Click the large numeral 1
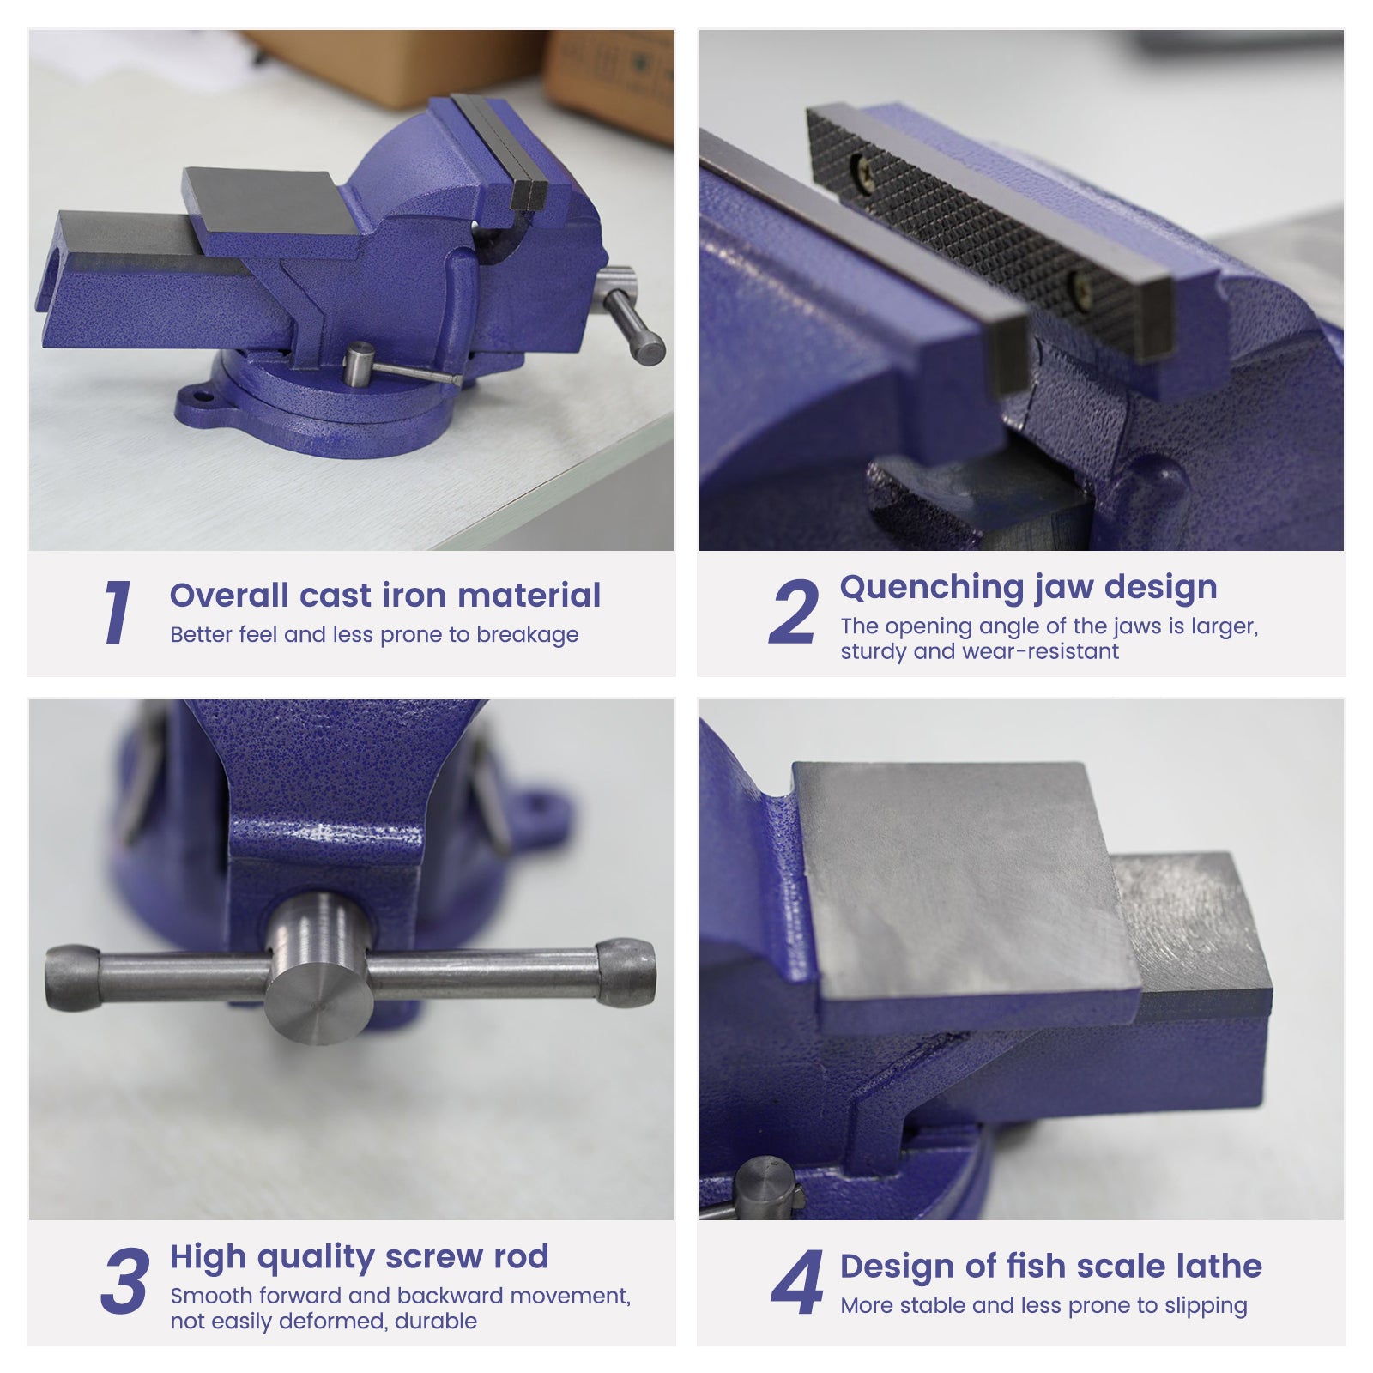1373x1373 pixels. tap(118, 612)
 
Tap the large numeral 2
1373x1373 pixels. tap(794, 612)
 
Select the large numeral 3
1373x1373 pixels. tap(125, 1281)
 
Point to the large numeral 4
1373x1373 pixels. tap(797, 1281)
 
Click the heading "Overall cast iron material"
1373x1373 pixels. tap(385, 595)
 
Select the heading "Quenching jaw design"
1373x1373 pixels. tap(1028, 588)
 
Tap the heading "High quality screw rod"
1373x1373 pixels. tap(359, 1257)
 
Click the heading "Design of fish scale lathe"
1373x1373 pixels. tap(1051, 1266)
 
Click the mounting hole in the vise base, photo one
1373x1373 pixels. tap(202, 397)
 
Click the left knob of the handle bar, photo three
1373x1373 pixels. tap(72, 977)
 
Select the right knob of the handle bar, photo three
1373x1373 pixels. tap(626, 971)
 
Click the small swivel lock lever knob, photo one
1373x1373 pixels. tap(359, 364)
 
